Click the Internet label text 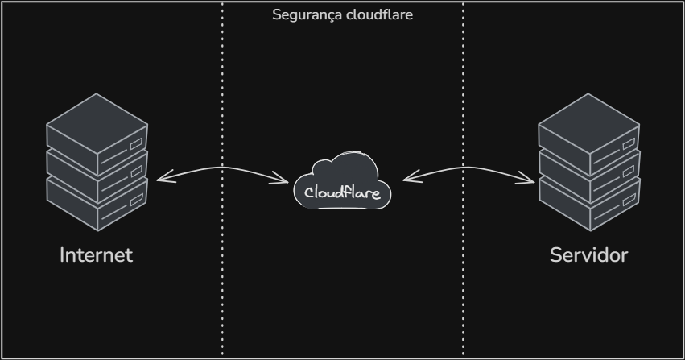96,255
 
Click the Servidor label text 588,255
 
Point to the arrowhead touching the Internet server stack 160,179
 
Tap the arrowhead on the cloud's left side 286,180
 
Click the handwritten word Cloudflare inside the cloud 342,192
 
